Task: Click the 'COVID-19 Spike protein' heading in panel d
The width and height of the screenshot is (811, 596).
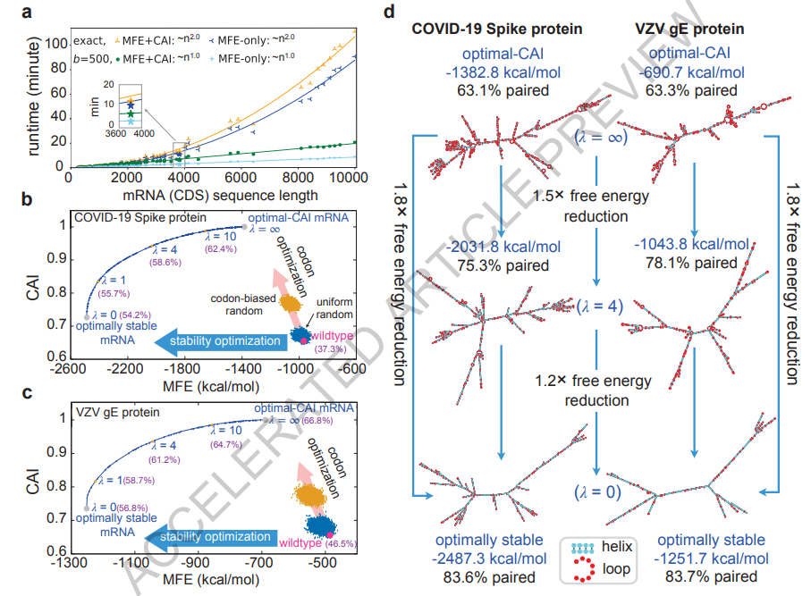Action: click(496, 29)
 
